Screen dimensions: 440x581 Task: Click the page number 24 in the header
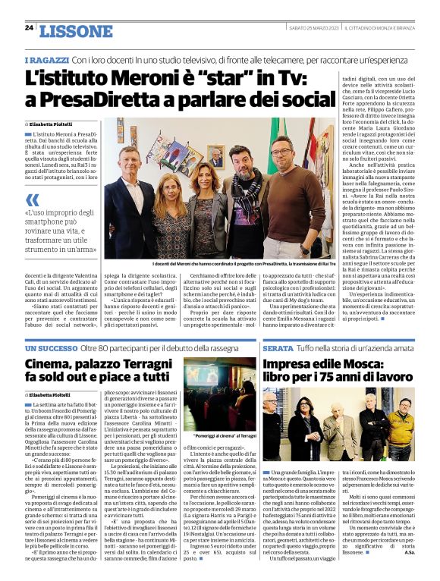[x=29, y=28]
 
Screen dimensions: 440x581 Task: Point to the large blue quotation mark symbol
[x=33, y=200]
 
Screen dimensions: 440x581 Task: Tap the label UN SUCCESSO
[x=49, y=347]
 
